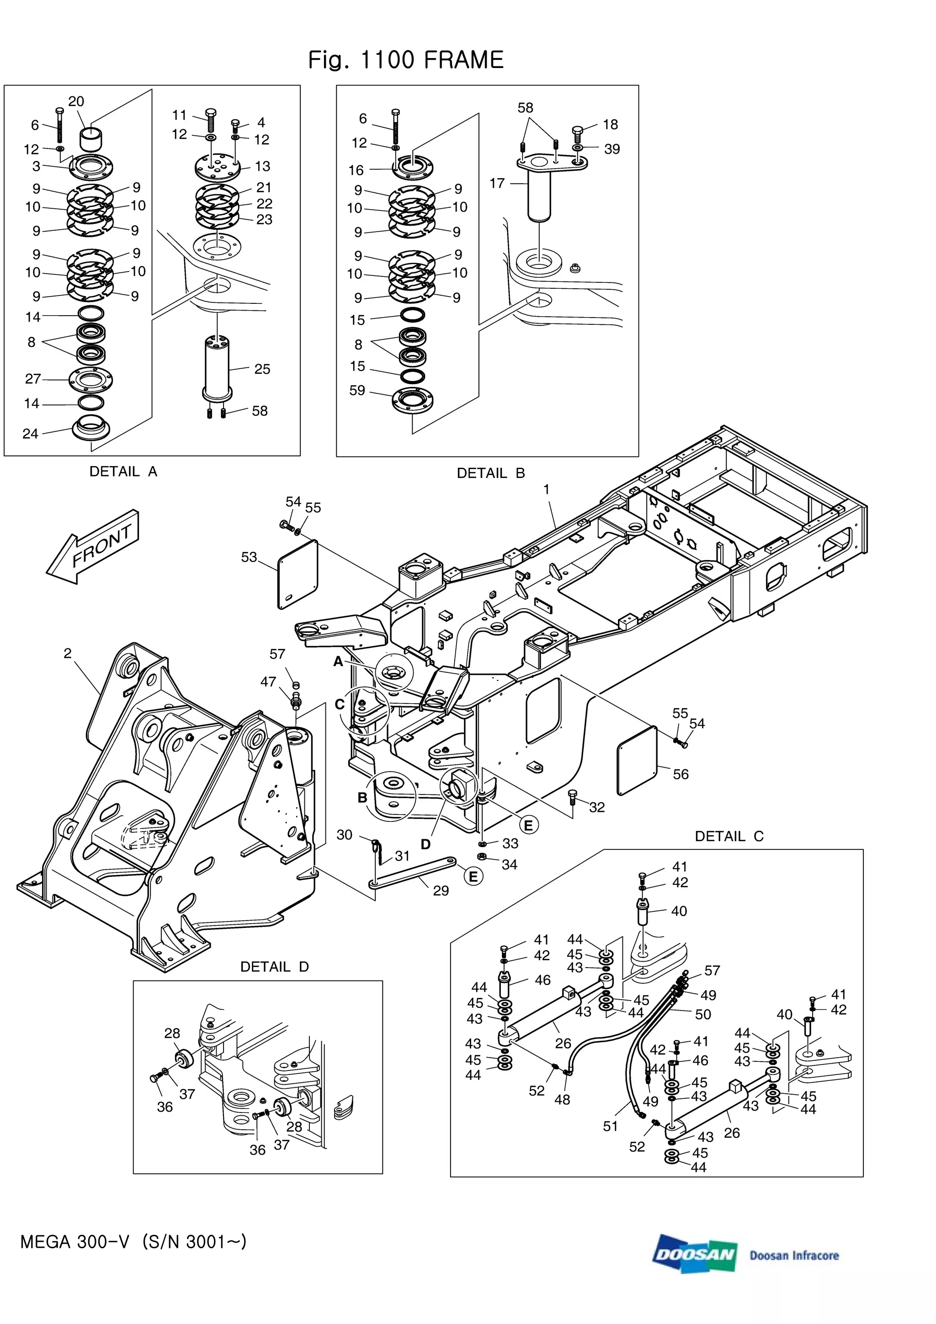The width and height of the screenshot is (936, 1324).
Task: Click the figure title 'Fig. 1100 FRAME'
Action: [x=405, y=60]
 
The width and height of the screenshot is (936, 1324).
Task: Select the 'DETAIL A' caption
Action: [x=123, y=471]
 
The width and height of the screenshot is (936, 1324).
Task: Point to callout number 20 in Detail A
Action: [x=76, y=101]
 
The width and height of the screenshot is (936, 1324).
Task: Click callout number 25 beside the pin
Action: [x=262, y=369]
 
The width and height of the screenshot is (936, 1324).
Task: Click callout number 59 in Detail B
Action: [x=357, y=391]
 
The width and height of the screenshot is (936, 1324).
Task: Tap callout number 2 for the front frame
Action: [x=68, y=653]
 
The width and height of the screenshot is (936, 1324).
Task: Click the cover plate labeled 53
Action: [x=298, y=574]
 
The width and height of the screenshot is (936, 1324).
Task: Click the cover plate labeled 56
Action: [x=637, y=761]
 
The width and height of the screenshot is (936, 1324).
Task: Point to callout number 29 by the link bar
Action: [x=441, y=891]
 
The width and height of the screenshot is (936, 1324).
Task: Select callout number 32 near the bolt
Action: [x=597, y=807]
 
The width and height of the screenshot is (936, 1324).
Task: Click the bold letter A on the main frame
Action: [x=339, y=662]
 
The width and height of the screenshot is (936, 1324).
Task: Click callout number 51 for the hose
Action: [x=610, y=1126]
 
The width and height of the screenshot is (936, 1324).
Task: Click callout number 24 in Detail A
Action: [x=30, y=434]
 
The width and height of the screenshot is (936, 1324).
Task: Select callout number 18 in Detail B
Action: [x=610, y=125]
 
